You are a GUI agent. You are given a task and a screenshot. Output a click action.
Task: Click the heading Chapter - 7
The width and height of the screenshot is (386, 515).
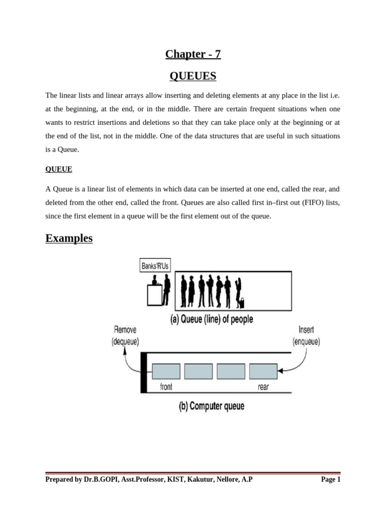193,54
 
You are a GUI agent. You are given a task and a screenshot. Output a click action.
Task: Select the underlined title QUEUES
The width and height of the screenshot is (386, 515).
193,76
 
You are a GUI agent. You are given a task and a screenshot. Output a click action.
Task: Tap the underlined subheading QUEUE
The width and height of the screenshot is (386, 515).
59,169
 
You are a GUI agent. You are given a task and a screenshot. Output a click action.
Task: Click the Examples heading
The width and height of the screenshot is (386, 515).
69,238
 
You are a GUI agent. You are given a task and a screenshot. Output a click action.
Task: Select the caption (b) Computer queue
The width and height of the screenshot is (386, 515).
212,406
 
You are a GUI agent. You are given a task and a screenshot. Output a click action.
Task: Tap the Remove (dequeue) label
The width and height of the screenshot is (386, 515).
125,335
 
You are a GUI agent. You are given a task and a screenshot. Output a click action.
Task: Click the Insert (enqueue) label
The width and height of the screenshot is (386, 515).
306,335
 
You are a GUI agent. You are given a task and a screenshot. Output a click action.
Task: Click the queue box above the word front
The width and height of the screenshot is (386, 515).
166,371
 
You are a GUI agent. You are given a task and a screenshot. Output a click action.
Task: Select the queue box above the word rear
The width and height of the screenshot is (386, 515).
263,371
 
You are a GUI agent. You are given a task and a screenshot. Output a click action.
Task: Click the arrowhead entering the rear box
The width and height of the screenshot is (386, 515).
280,371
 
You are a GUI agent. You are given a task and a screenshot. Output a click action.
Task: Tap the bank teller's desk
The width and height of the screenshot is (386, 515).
153,295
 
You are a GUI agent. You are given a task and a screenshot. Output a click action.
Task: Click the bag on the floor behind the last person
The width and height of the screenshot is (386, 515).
242,303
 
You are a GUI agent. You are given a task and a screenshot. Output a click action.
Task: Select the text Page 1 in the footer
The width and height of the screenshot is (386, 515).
331,480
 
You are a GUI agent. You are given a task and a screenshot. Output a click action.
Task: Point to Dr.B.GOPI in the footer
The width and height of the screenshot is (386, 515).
100,480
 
